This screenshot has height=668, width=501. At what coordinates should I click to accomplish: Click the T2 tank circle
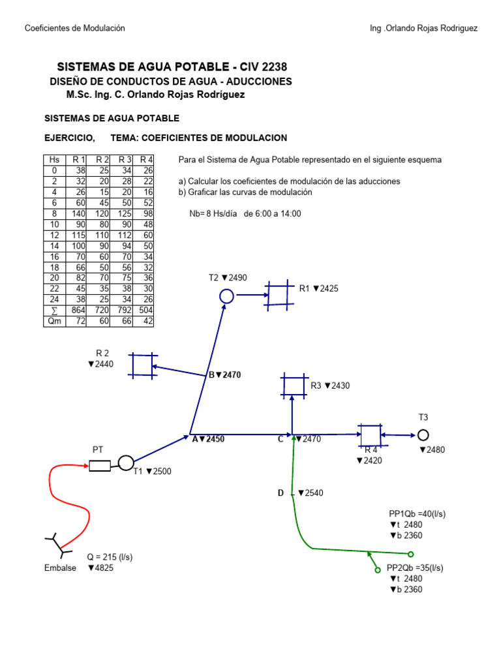click(226, 297)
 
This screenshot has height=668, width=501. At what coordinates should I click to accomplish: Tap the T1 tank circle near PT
click(126, 463)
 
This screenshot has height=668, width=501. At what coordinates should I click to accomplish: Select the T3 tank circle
click(423, 434)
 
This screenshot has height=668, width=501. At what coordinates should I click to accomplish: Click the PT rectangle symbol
click(100, 465)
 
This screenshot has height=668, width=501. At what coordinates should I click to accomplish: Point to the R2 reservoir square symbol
click(142, 365)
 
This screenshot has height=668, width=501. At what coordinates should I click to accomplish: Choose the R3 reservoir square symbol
click(293, 386)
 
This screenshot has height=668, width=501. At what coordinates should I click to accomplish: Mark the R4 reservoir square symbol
click(370, 435)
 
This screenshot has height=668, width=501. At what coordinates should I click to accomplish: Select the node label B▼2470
click(225, 375)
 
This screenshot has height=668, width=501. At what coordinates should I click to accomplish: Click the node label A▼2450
click(208, 440)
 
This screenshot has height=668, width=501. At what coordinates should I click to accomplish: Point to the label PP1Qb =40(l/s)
click(417, 514)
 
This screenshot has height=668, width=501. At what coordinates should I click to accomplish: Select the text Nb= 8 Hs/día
click(213, 214)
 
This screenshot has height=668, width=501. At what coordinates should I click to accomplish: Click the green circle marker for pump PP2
click(377, 570)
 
